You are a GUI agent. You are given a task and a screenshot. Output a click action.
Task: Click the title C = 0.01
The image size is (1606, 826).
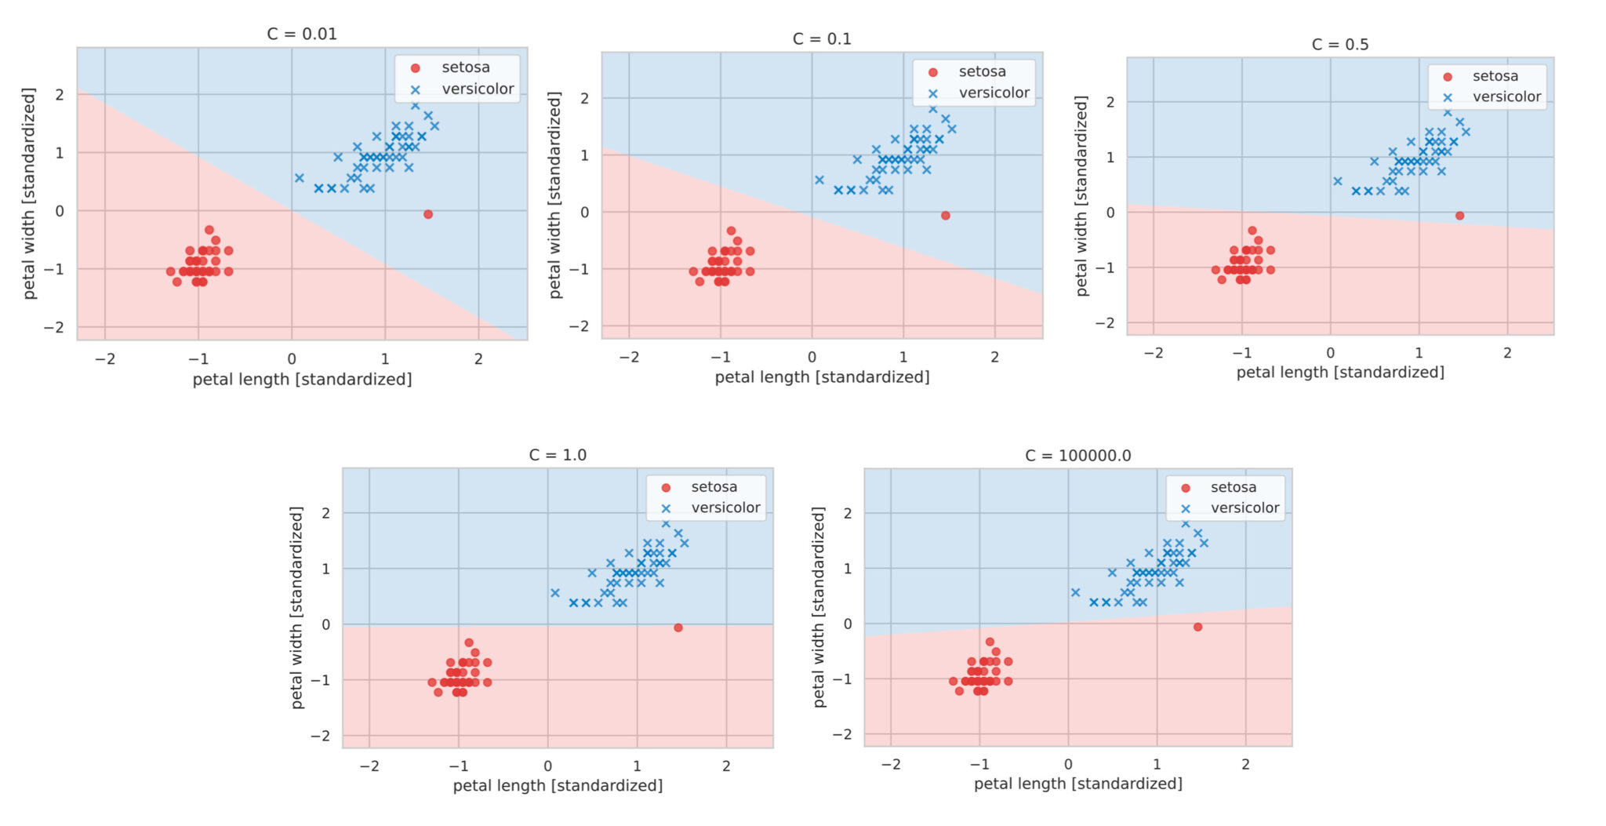point(302,34)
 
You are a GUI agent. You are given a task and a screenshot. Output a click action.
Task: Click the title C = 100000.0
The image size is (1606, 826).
point(1077,456)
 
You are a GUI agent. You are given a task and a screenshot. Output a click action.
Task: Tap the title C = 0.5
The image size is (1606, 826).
point(1339,45)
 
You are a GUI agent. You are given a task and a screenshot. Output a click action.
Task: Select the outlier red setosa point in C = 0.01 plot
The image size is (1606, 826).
point(428,214)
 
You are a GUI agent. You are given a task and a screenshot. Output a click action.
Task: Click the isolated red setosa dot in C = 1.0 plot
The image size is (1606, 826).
point(678,628)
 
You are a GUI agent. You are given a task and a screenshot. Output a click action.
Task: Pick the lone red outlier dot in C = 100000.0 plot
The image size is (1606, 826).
point(1197,627)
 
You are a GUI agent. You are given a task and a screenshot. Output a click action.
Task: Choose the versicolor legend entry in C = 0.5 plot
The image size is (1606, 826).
point(1506,96)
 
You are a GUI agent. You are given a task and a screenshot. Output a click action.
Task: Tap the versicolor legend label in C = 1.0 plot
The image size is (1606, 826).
point(725,508)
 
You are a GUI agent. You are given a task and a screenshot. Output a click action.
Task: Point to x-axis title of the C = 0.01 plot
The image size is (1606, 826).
point(302,380)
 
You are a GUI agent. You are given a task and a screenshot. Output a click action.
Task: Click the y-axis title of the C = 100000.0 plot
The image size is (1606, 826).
point(819,607)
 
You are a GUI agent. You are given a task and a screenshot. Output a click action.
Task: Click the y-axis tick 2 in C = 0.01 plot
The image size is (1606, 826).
point(60,94)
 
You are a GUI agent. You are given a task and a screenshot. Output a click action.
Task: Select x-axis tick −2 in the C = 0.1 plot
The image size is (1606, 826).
point(629,357)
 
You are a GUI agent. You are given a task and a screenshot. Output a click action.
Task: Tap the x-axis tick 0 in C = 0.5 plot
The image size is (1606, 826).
point(1330,353)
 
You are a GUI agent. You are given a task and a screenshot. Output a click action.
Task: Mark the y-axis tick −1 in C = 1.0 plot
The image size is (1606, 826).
point(320,680)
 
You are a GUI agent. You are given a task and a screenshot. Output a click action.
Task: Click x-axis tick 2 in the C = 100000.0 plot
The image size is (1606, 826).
point(1245,764)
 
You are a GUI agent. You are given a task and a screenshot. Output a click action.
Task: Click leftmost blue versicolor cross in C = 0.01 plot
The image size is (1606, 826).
point(299,178)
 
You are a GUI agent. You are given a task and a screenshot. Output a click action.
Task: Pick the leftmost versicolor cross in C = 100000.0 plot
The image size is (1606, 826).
point(1075,592)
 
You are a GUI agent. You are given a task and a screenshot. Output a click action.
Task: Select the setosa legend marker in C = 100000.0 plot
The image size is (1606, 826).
point(1186,488)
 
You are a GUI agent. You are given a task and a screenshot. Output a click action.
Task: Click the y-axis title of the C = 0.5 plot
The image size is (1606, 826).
point(1082,196)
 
